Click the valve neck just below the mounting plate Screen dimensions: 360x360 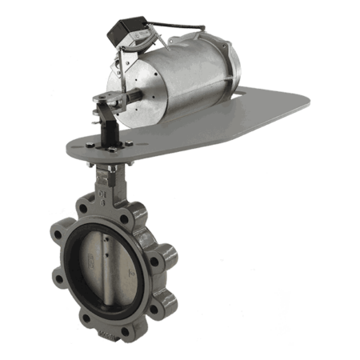[x=102, y=178]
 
